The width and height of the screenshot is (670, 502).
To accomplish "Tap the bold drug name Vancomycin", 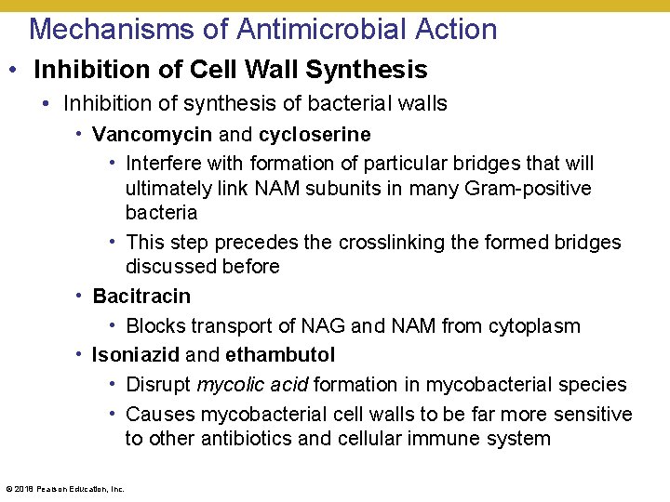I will tap(153, 135).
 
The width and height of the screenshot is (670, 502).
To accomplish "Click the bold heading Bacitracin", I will tap(141, 297).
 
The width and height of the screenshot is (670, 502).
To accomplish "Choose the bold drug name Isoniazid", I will tap(137, 355).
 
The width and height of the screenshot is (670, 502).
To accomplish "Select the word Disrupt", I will tap(158, 385).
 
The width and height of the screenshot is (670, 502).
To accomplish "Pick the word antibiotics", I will tap(246, 439).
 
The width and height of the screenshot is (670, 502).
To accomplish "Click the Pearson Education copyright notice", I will tap(65, 488).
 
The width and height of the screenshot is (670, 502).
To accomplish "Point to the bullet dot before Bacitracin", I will tap(80, 297).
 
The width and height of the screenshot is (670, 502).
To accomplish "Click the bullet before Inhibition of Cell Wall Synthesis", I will tap(18, 71).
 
